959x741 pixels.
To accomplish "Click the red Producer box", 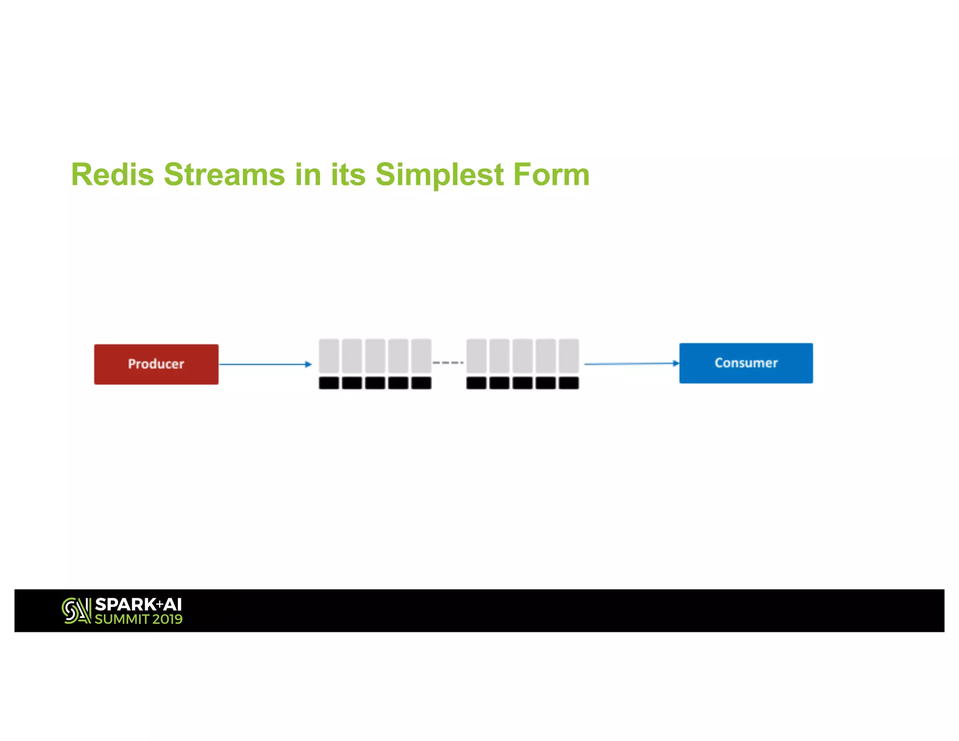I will tap(156, 364).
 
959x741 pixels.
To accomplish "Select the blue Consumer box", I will tap(746, 363).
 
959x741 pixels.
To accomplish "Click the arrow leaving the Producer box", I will tap(265, 364).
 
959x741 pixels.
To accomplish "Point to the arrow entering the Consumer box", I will tap(631, 363).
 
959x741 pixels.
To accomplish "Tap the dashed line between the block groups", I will tap(448, 363).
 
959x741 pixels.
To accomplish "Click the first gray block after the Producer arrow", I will tap(329, 356).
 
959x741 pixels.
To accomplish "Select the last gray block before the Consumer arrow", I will tap(568, 356).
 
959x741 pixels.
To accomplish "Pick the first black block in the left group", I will tap(329, 383).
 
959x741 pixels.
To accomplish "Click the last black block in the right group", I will tap(568, 383).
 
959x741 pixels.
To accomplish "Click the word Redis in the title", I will tap(112, 174).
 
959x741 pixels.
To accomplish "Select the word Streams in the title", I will tap(224, 174).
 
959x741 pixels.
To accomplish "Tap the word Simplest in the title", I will tap(439, 174).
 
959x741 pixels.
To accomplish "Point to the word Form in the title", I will tap(551, 174).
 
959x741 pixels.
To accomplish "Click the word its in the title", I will tap(348, 174).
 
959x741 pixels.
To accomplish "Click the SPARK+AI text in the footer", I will tap(138, 605).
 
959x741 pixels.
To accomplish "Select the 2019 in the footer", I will tap(167, 619).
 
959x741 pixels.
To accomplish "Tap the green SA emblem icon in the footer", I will tap(76, 611).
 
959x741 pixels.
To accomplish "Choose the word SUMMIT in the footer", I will tap(122, 619).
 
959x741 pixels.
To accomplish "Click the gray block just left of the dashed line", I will tap(421, 356).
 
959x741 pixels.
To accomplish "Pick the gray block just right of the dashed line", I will tap(476, 356).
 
